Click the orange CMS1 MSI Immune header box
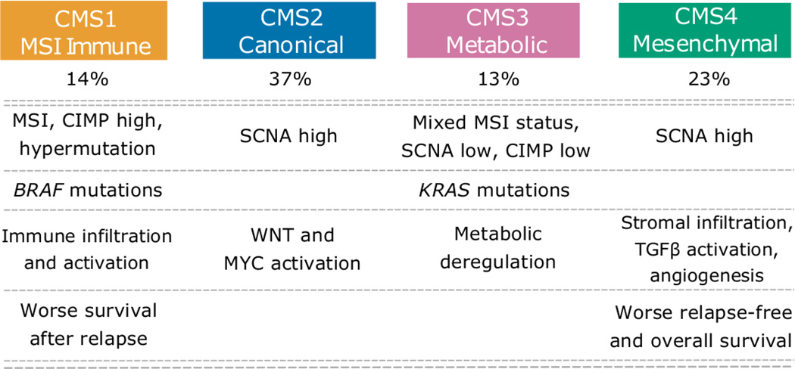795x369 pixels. pyautogui.click(x=88, y=30)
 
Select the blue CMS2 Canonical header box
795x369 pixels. pyautogui.click(x=290, y=30)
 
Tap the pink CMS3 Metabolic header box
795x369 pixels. pyautogui.click(x=496, y=30)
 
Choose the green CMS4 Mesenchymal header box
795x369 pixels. pyautogui.click(x=705, y=30)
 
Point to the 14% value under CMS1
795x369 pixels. pyautogui.click(x=88, y=79)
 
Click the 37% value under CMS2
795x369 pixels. pyautogui.click(x=290, y=79)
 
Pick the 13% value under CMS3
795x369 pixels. pyautogui.click(x=496, y=79)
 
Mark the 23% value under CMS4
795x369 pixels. pyautogui.click(x=705, y=79)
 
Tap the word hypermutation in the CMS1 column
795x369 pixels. pyautogui.click(x=88, y=149)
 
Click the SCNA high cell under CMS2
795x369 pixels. pyautogui.click(x=290, y=136)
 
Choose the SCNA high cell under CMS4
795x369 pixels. pyautogui.click(x=705, y=136)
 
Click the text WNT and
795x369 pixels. pyautogui.click(x=290, y=235)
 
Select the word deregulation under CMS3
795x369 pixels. pyautogui.click(x=496, y=262)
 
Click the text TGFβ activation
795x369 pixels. pyautogui.click(x=705, y=248)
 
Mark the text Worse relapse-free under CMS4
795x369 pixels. pyautogui.click(x=705, y=312)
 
